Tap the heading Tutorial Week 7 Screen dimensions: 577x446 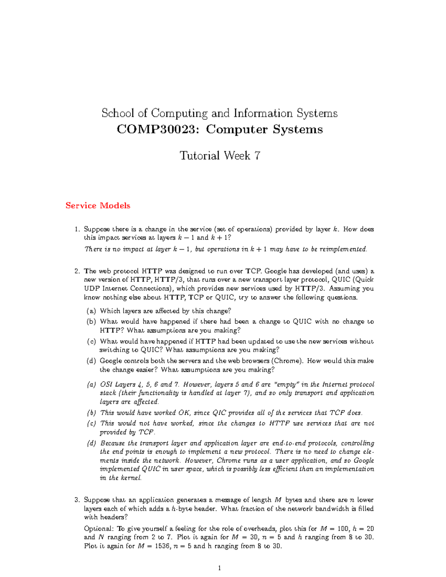(x=220, y=155)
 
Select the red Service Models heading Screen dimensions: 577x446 (x=98, y=205)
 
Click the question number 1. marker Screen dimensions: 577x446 (x=77, y=229)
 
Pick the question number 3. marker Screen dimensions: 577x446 (x=77, y=500)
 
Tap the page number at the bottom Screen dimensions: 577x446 (x=220, y=568)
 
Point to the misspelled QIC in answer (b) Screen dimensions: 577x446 (x=219, y=413)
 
